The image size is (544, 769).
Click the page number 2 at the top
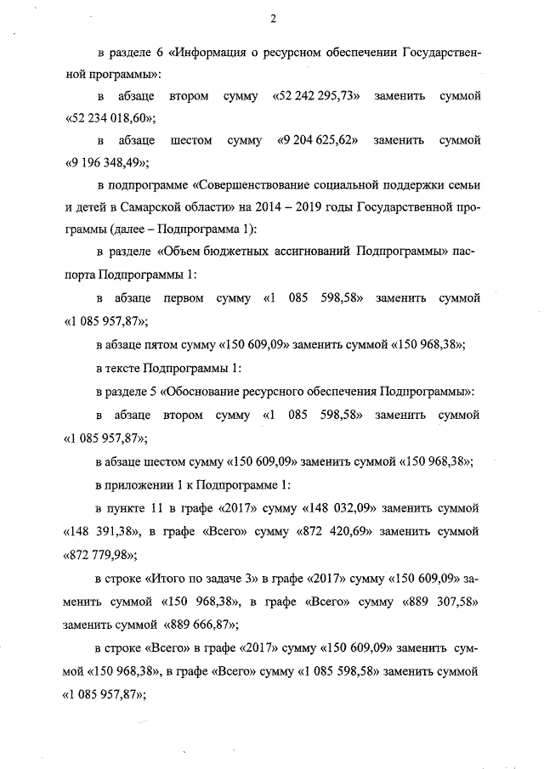point(273,20)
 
